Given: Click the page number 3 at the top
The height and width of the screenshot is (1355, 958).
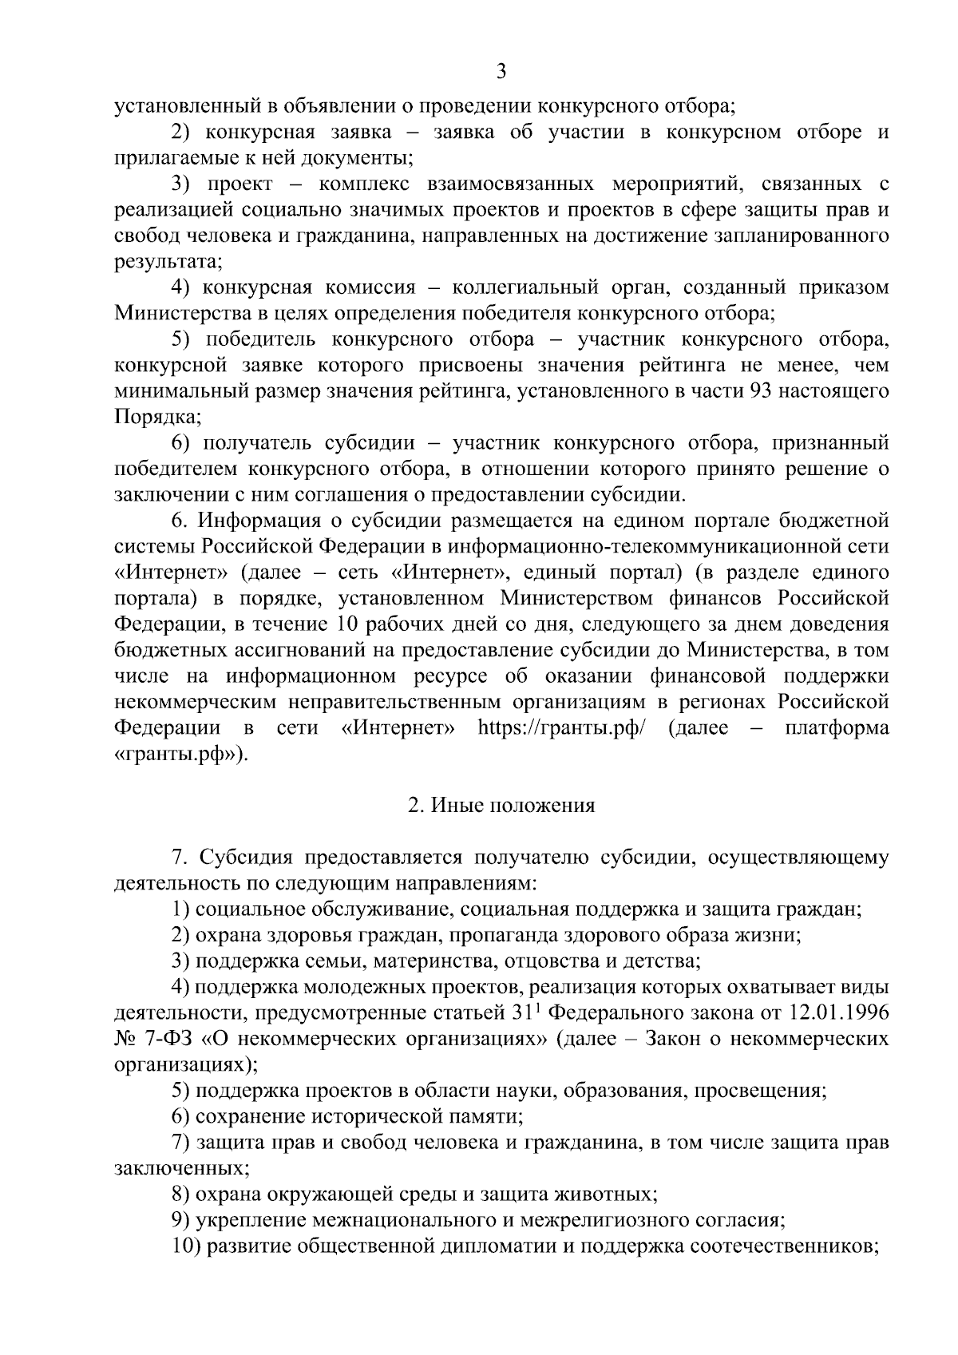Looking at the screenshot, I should point(501,73).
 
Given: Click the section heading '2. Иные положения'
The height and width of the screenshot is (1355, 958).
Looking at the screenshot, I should point(501,806).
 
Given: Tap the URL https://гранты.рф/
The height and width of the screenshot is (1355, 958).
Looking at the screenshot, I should point(560,728).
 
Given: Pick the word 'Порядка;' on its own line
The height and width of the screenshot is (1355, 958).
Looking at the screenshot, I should point(147,417).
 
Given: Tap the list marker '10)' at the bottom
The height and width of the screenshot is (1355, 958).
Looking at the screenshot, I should point(187,1247).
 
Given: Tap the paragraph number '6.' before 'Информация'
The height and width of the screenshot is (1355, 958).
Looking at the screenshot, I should point(180,521).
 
